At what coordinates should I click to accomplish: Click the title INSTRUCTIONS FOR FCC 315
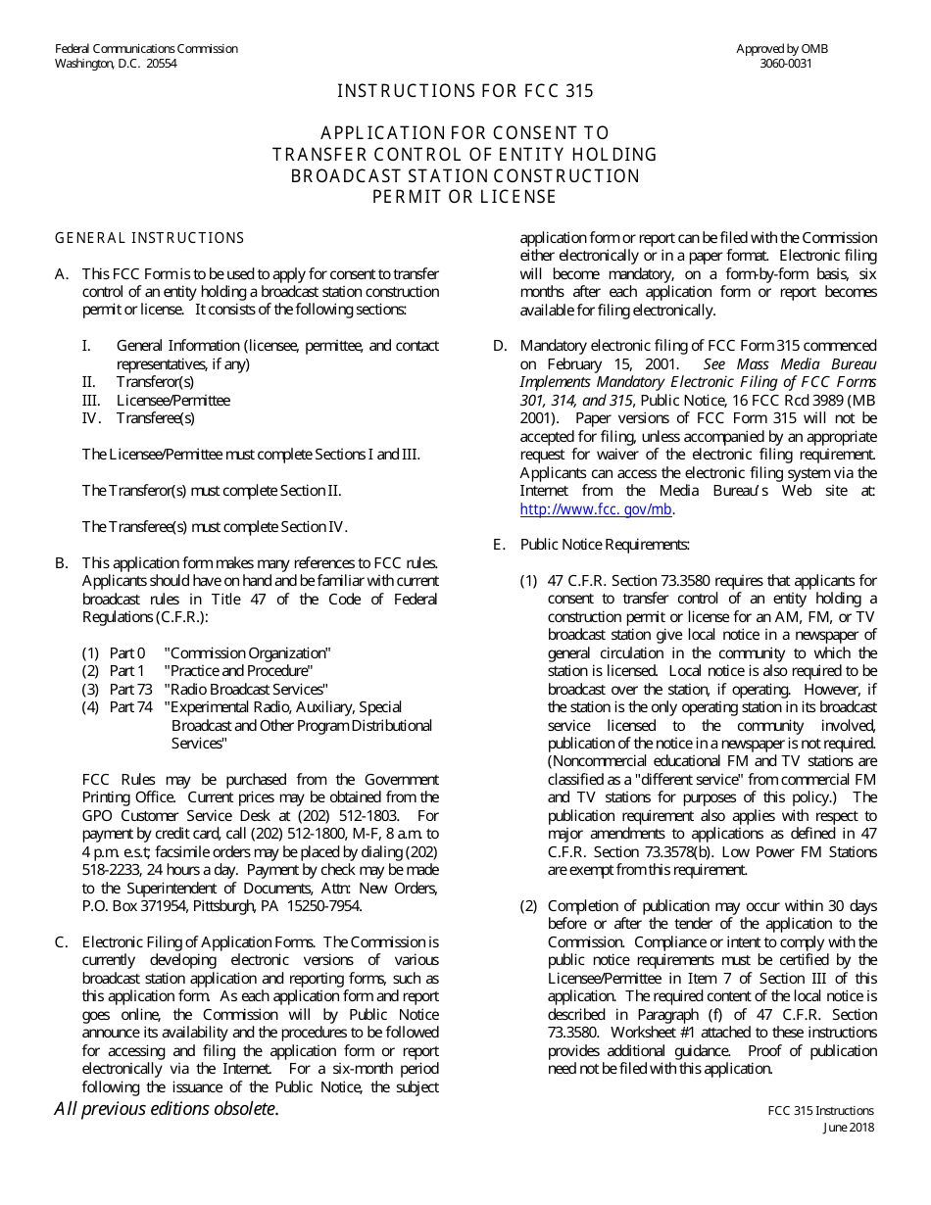(465, 91)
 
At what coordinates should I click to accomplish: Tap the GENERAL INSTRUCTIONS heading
(149, 238)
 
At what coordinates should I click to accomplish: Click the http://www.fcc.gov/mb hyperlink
(596, 508)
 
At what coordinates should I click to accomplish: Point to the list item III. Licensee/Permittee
(156, 400)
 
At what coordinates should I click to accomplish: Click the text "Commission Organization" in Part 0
(248, 652)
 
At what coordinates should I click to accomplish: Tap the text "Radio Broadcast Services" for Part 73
(246, 689)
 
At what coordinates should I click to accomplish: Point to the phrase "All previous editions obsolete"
(166, 1109)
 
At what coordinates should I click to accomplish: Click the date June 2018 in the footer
(848, 1127)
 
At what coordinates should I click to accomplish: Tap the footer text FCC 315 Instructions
(820, 1110)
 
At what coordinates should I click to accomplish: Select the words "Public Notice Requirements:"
(605, 545)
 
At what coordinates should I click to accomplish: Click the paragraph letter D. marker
(499, 346)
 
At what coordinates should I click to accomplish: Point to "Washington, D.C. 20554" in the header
(116, 64)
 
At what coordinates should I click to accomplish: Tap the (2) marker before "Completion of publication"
(528, 905)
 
